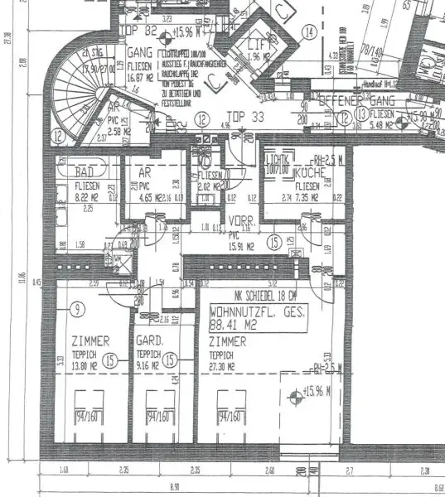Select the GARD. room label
[148, 340]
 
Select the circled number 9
[77, 311]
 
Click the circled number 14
[309, 33]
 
